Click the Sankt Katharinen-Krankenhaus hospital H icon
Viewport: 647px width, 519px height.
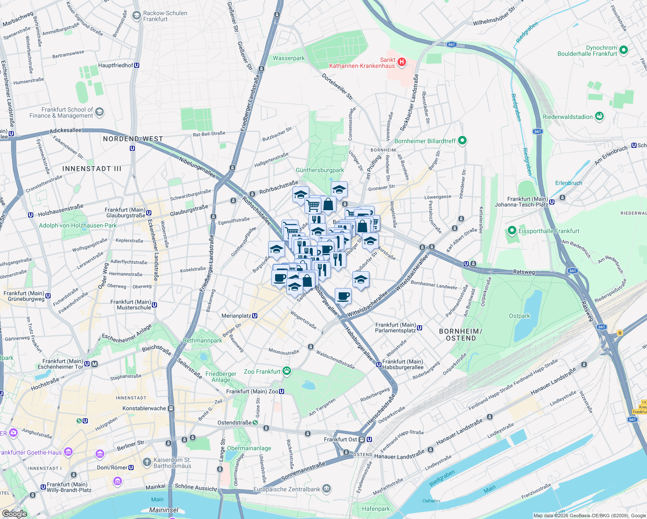click(x=402, y=62)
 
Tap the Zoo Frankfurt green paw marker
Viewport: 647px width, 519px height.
click(x=287, y=371)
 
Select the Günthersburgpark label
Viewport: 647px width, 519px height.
click(x=320, y=170)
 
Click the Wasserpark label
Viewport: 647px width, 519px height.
click(x=289, y=58)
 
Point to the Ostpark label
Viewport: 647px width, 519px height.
click(x=519, y=316)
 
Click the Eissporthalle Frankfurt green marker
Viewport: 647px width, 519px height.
click(x=512, y=231)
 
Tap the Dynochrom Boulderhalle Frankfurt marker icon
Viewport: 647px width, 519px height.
click(x=624, y=50)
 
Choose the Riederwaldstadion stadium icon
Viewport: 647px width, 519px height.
click(x=599, y=116)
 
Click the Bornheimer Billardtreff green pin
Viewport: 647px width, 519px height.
click(x=462, y=141)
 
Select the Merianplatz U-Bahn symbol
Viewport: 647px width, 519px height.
click(x=255, y=316)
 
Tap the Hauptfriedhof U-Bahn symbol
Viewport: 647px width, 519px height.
click(x=137, y=65)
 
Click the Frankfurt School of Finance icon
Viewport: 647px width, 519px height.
click(x=99, y=112)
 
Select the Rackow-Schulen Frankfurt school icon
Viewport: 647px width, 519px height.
click(x=137, y=16)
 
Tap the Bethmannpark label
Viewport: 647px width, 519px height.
click(x=202, y=340)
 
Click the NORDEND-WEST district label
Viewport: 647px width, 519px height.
click(x=133, y=139)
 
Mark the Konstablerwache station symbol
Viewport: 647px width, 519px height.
click(x=171, y=408)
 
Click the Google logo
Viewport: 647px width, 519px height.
click(x=14, y=514)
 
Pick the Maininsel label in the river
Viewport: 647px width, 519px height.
click(x=164, y=510)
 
